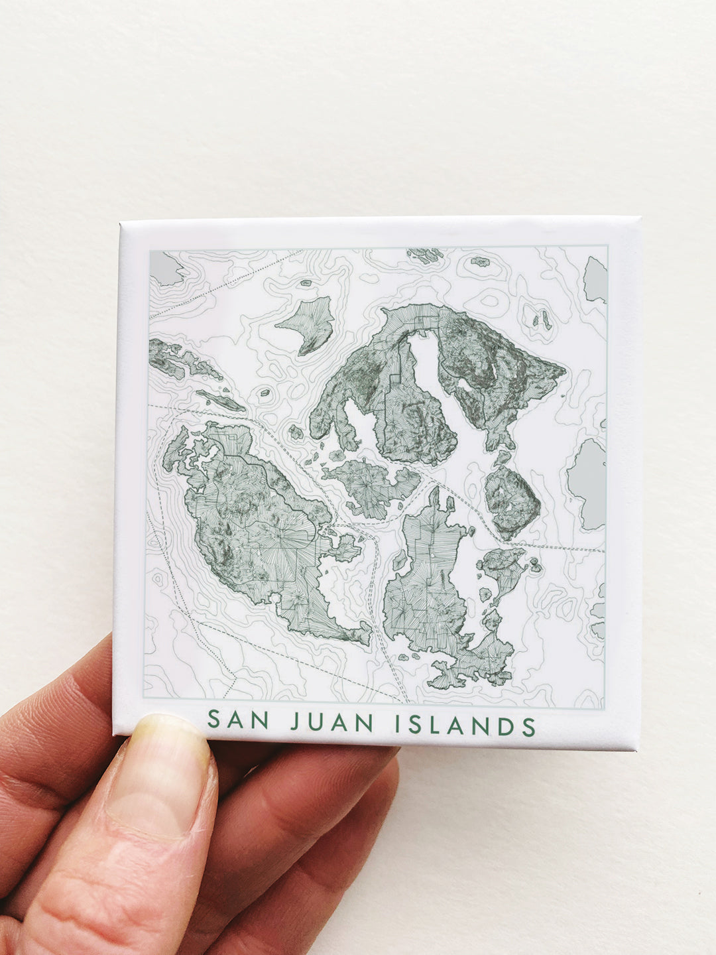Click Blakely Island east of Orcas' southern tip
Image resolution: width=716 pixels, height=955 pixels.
pyautogui.click(x=511, y=500)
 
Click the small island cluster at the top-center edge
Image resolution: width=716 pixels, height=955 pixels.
pyautogui.click(x=425, y=255)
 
